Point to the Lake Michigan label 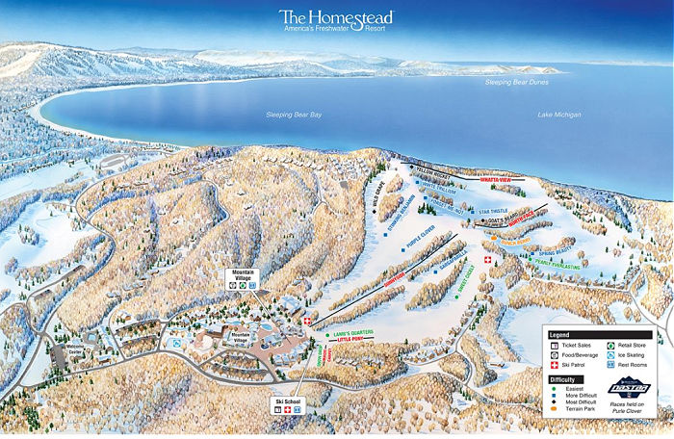(560, 115)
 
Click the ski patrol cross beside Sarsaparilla (487, 261)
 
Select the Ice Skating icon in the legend (611, 353)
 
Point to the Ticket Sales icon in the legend (554, 344)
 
